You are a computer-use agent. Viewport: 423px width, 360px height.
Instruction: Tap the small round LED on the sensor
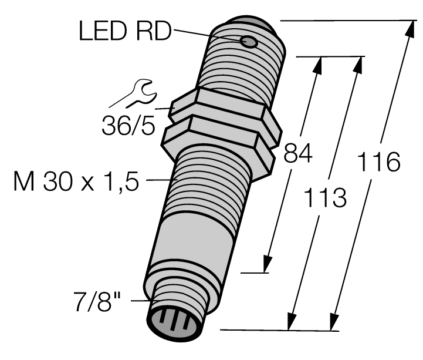point(249,42)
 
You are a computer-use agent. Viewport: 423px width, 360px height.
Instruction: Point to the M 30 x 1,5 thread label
point(76,183)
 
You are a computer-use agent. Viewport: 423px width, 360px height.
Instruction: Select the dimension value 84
point(298,154)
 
